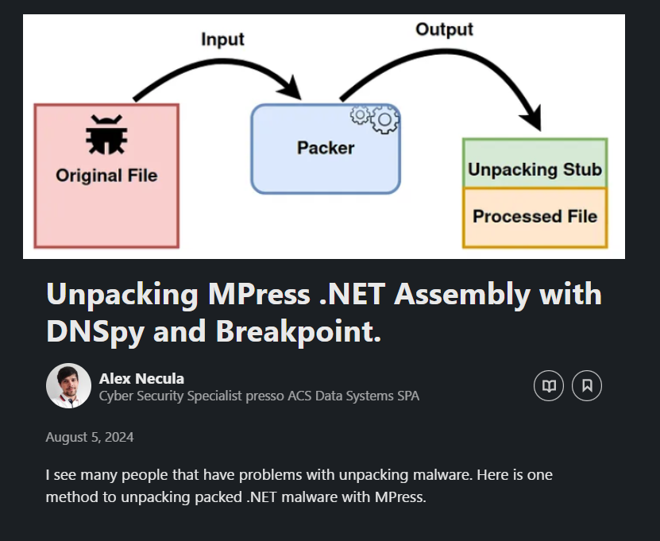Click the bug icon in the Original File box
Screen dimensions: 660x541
pyautogui.click(x=106, y=135)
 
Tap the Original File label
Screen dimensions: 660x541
pyautogui.click(x=106, y=176)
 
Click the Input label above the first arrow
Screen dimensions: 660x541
pyautogui.click(x=222, y=39)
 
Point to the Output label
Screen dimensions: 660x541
pyautogui.click(x=445, y=29)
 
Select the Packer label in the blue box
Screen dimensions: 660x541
pyautogui.click(x=326, y=148)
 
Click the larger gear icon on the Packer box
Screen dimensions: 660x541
pyautogui.click(x=384, y=120)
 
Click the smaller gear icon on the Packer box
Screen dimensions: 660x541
pyautogui.click(x=360, y=115)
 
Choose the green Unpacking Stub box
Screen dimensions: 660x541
pyautogui.click(x=535, y=163)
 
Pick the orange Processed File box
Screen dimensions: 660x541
pyautogui.click(x=535, y=218)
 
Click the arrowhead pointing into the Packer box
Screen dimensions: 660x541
pyautogui.click(x=292, y=88)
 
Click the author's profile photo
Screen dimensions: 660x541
pyautogui.click(x=68, y=385)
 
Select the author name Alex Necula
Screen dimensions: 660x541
pyautogui.click(x=142, y=378)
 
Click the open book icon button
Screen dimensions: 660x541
pyautogui.click(x=549, y=385)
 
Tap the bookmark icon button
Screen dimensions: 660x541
pyautogui.click(x=587, y=385)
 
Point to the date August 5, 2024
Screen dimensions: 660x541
pyautogui.click(x=90, y=437)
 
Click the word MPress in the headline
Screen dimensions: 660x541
pyautogui.click(x=259, y=294)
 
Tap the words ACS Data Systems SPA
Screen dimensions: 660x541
pyautogui.click(x=353, y=396)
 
